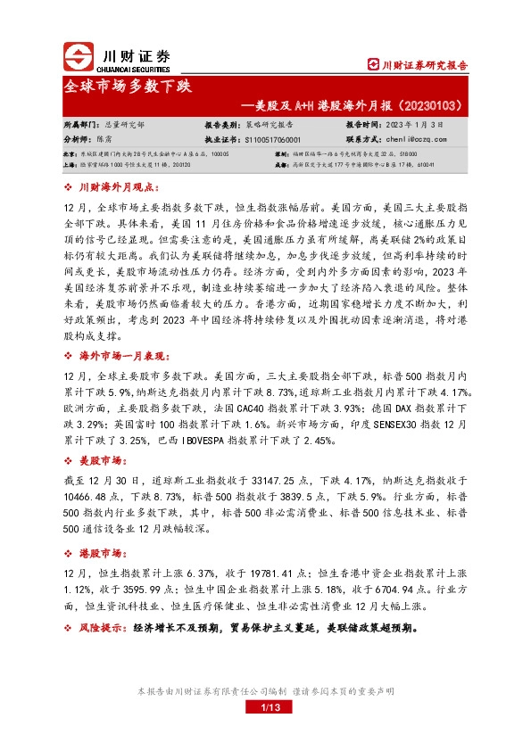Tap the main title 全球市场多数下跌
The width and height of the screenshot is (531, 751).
127,88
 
